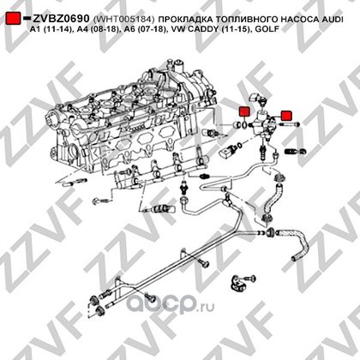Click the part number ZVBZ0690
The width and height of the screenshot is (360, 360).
(61, 19)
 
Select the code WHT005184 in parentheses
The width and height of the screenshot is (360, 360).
(123, 19)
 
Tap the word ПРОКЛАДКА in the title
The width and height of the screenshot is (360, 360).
(185, 19)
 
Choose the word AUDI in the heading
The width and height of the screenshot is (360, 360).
(333, 19)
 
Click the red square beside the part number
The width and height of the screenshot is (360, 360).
(13, 19)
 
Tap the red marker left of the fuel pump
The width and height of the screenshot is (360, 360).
(244, 111)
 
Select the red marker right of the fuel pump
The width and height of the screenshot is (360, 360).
(286, 115)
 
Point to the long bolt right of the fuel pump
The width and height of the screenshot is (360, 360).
(288, 124)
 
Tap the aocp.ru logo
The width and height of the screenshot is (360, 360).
(171, 304)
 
